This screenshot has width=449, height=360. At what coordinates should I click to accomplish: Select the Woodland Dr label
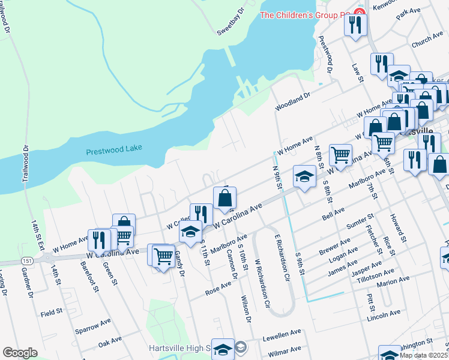[x=293, y=100]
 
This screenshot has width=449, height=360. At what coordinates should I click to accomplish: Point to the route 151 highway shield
[x=28, y=261]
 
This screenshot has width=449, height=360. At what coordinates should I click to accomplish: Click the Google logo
[x=20, y=353]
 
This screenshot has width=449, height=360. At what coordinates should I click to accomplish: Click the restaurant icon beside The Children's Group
[x=355, y=25]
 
